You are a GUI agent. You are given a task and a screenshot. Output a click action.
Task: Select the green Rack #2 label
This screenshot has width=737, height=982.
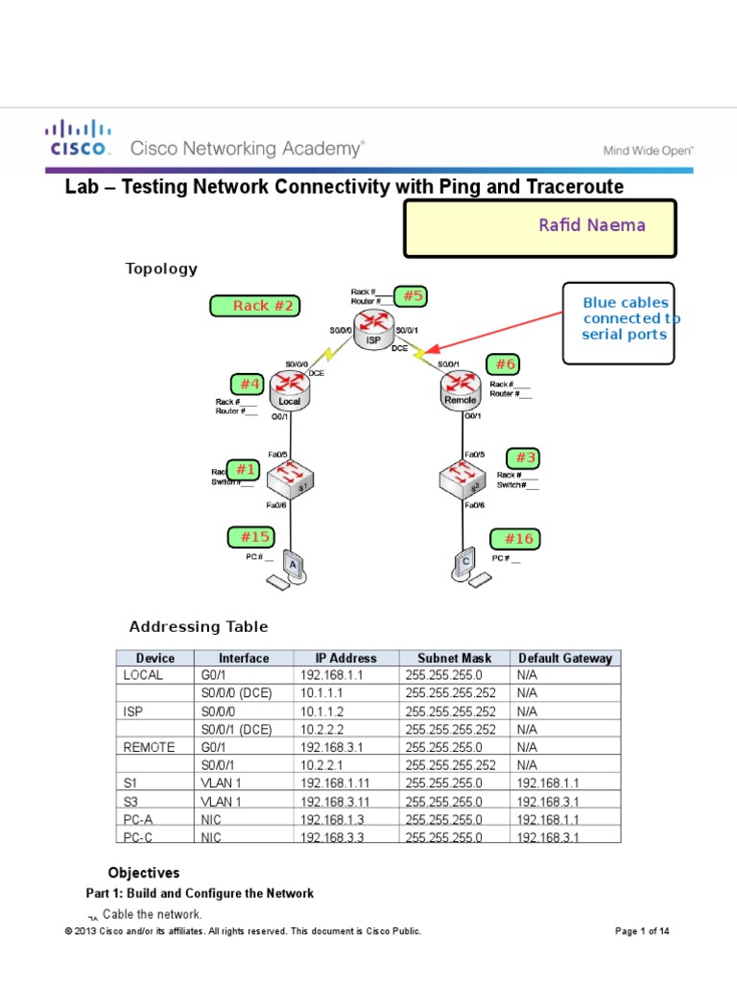click(x=254, y=306)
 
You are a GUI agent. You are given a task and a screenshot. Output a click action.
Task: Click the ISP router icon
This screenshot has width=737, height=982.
click(x=372, y=330)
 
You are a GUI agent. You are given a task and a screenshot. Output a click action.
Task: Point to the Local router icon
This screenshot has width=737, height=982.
click(x=289, y=389)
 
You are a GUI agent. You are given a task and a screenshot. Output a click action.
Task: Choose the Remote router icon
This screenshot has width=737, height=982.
click(x=461, y=388)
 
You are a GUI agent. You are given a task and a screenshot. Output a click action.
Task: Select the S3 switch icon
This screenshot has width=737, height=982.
click(x=462, y=477)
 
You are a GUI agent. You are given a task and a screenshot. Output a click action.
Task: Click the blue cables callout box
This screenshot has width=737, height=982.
click(x=618, y=323)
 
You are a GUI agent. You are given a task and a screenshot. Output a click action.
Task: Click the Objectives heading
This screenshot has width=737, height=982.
click(x=143, y=873)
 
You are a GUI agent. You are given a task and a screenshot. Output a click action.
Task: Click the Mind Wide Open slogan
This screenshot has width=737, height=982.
click(x=648, y=150)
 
